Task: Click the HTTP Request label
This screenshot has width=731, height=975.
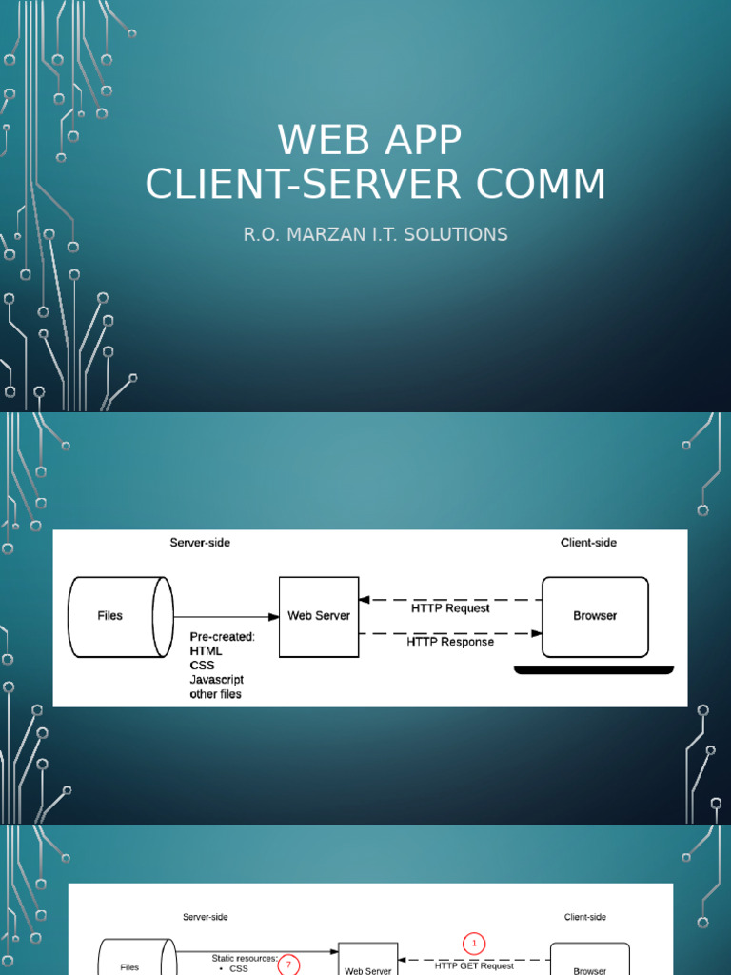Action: pyautogui.click(x=450, y=608)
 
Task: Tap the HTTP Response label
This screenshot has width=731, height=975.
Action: pyautogui.click(x=450, y=642)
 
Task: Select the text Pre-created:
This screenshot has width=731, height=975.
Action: pyautogui.click(x=223, y=637)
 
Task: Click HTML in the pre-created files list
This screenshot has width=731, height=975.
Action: pyautogui.click(x=207, y=651)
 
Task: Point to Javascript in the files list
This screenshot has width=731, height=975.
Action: pyautogui.click(x=217, y=680)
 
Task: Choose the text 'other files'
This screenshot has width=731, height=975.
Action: pyautogui.click(x=216, y=694)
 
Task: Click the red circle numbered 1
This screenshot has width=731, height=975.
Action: pyautogui.click(x=474, y=944)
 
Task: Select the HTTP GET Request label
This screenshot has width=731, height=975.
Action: pyautogui.click(x=474, y=965)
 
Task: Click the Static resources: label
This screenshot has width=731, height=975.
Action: pyautogui.click(x=245, y=958)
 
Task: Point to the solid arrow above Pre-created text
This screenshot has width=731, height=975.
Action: pyautogui.click(x=226, y=617)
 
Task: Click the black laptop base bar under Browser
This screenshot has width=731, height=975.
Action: pyautogui.click(x=594, y=670)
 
